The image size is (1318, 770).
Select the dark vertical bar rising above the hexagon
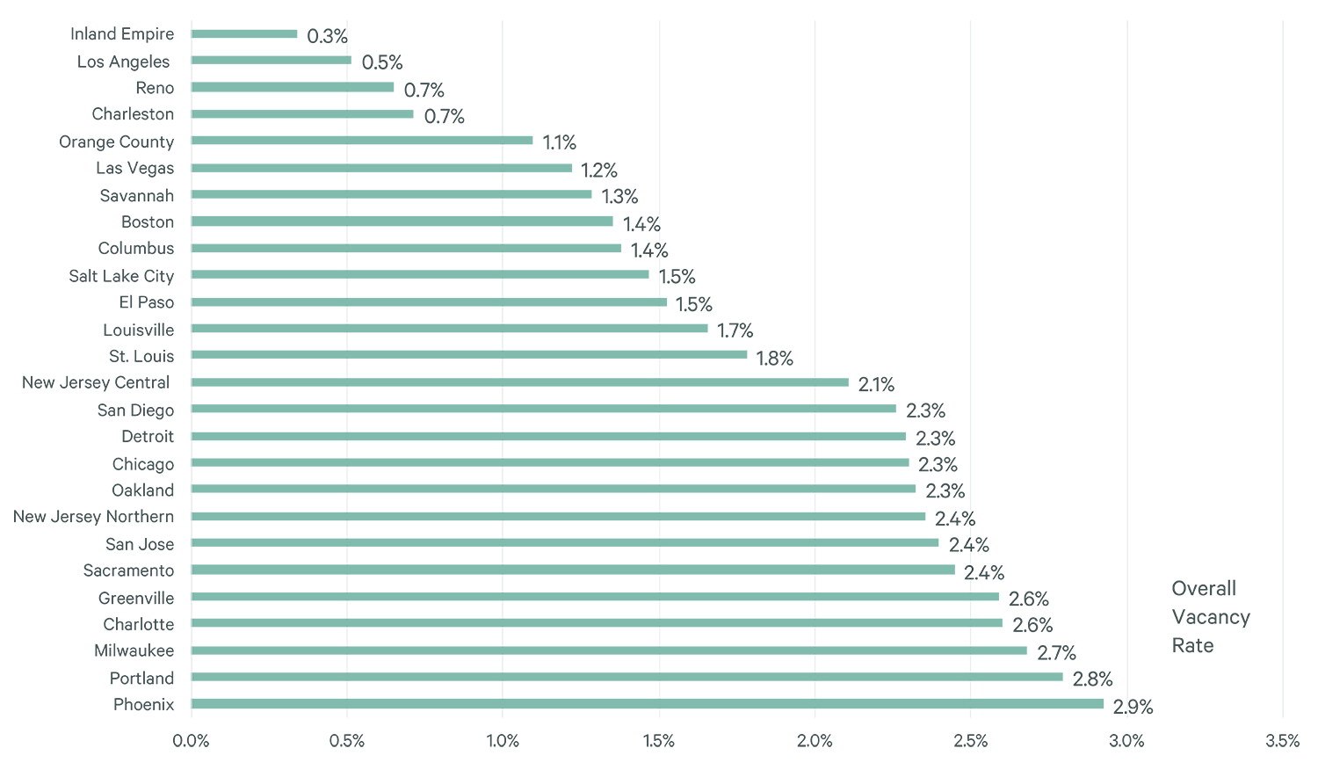pyautogui.click(x=1205, y=264)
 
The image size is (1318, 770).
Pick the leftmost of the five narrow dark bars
pyautogui.click(x=581, y=62)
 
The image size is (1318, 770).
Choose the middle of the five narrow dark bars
pyautogui.click(x=893, y=176)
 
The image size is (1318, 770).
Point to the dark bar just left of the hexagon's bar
pyautogui.click(x=1048, y=264)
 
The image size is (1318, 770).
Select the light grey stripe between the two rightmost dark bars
pyautogui.click(x=1126, y=264)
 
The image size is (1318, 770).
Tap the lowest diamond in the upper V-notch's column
pyautogui.click(x=503, y=715)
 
